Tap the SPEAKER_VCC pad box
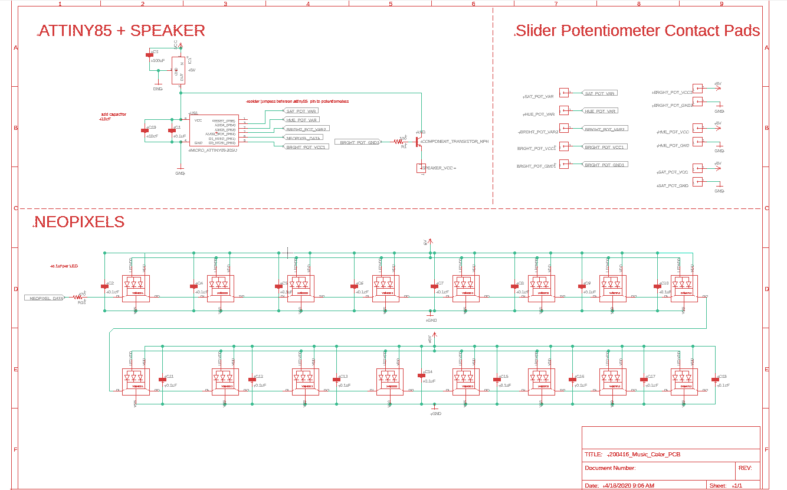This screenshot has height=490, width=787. [421, 168]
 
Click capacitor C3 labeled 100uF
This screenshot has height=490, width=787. [149, 55]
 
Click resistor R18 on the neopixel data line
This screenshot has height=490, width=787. [77, 298]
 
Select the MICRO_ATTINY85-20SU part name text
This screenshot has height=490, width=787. [212, 151]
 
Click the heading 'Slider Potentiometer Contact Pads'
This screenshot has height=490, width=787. [637, 31]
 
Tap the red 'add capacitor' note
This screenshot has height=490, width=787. [113, 114]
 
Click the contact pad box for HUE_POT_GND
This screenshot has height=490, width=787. [697, 142]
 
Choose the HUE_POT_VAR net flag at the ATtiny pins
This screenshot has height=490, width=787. [302, 120]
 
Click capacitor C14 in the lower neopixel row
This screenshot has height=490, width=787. [421, 375]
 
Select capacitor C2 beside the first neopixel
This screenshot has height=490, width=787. [104, 286]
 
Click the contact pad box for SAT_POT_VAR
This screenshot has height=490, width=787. [564, 93]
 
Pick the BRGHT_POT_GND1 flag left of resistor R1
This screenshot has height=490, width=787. [358, 142]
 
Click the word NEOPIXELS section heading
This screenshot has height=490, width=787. [80, 222]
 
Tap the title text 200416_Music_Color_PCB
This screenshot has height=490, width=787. [644, 455]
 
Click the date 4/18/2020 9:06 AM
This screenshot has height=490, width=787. [629, 485]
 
